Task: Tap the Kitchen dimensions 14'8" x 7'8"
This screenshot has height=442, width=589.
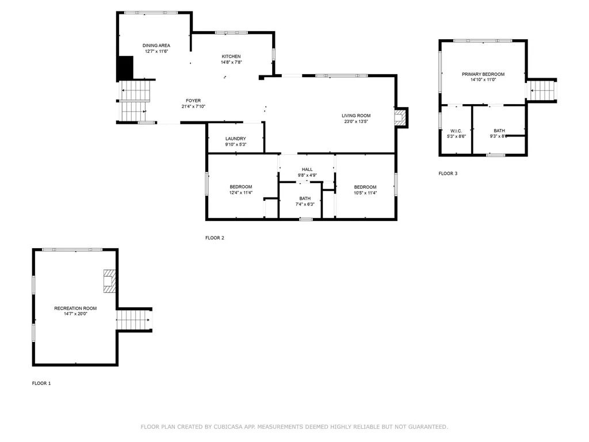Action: (231, 62)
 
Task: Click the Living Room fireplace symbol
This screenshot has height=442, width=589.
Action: (400, 117)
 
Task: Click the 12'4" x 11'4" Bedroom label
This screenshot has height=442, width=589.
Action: (241, 190)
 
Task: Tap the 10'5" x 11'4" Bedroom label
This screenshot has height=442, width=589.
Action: (365, 190)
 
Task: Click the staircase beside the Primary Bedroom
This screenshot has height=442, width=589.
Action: (541, 90)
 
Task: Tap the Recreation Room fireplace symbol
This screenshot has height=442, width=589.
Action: (109, 281)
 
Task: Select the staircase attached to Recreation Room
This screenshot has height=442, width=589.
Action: (134, 320)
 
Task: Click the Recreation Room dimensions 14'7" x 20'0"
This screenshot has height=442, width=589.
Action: (75, 314)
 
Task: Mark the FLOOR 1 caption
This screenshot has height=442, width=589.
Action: (41, 383)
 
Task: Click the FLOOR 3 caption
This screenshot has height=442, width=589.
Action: (448, 174)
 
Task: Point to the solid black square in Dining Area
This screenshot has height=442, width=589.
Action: (126, 68)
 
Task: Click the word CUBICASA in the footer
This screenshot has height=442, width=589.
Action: (228, 427)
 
